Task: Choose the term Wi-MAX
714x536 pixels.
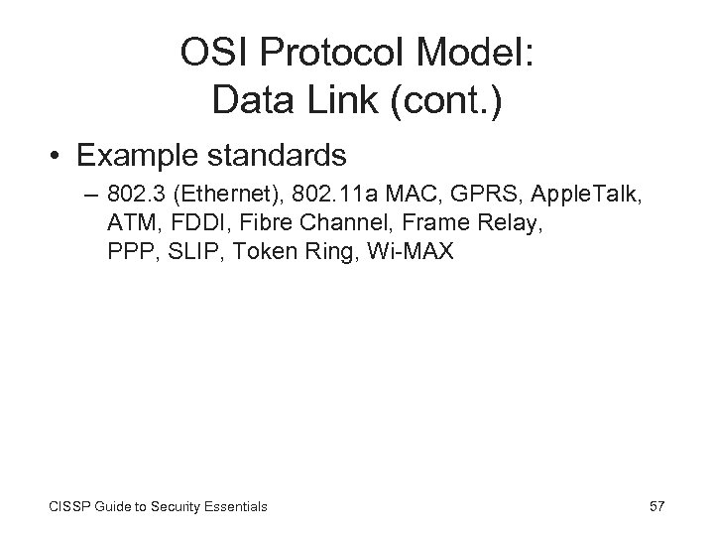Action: tap(410, 251)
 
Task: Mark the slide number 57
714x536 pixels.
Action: tap(655, 506)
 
